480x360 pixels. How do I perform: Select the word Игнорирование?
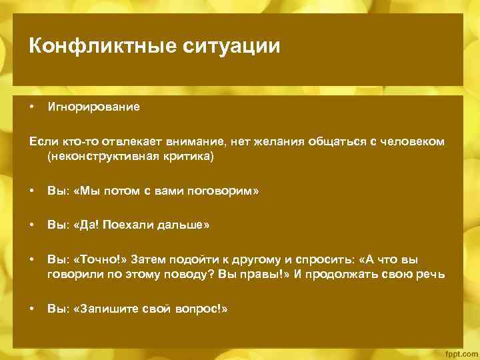click(x=93, y=107)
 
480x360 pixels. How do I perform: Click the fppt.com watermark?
click(x=461, y=351)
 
